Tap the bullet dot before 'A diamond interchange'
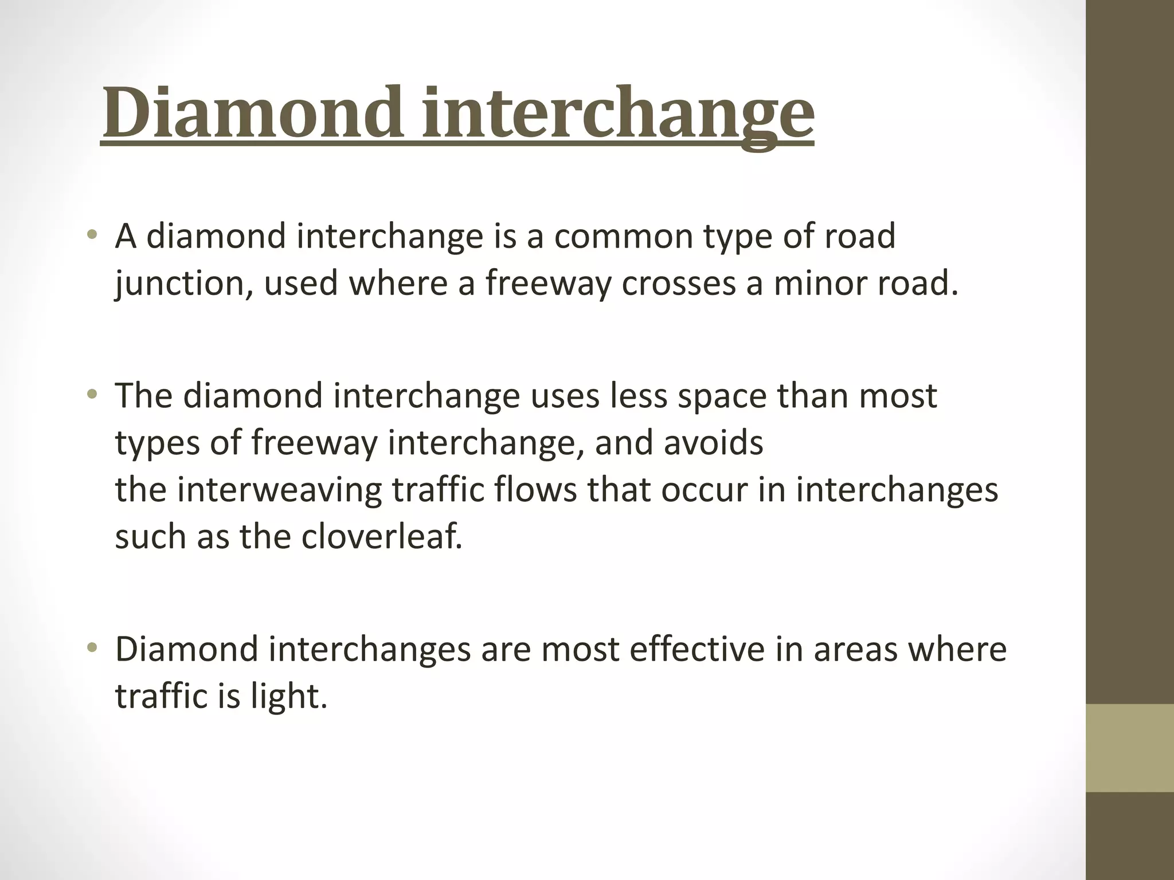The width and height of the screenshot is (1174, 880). coord(92,235)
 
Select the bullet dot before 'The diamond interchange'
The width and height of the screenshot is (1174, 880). coord(92,395)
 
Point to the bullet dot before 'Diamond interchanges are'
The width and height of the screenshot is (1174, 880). coord(92,649)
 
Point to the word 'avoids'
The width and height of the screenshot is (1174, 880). coord(713,443)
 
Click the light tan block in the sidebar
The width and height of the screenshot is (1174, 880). coord(1129,748)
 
